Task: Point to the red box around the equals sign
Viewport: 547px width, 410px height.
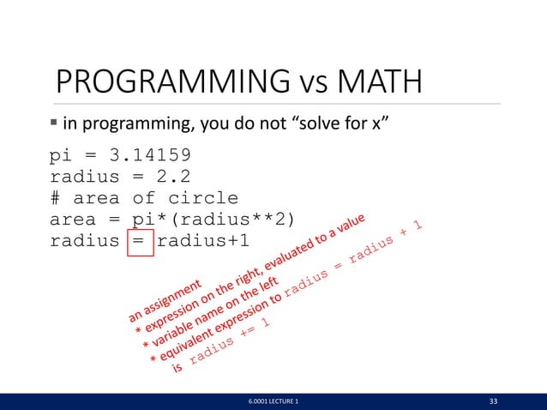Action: point(140,241)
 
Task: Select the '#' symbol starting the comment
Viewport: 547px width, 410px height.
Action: point(56,199)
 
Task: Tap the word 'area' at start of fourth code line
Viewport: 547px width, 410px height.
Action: point(73,220)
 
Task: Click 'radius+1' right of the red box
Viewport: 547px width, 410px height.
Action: point(202,241)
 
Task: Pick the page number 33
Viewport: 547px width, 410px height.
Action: point(493,401)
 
